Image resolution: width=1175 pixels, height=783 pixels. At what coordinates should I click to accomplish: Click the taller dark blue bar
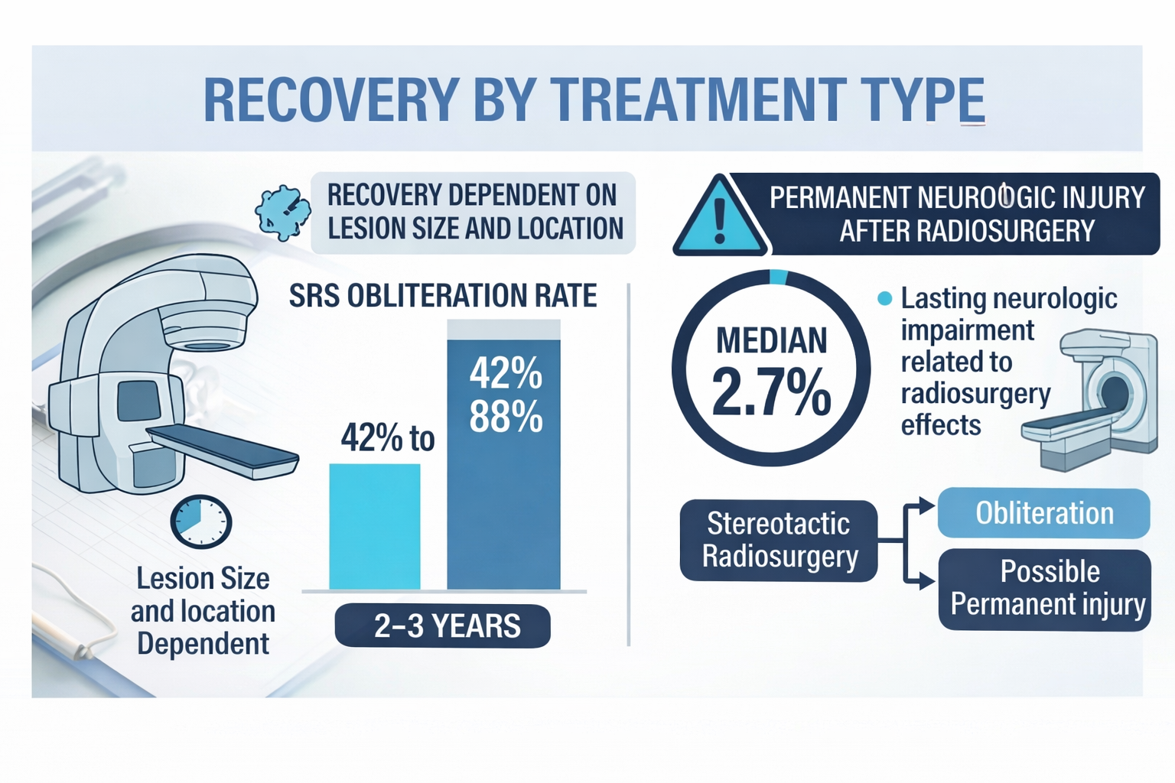[x=503, y=505]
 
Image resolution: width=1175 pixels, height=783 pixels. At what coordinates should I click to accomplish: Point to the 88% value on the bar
[x=506, y=417]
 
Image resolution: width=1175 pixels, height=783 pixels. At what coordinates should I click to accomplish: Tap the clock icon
[x=200, y=521]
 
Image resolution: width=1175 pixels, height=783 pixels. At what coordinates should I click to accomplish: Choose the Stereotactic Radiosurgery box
[x=779, y=541]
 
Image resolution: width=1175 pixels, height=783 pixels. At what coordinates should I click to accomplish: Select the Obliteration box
[x=1043, y=513]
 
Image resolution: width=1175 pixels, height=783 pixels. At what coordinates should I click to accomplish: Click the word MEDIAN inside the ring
[x=771, y=341]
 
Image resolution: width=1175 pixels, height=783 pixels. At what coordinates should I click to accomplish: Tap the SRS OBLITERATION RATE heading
[x=443, y=296]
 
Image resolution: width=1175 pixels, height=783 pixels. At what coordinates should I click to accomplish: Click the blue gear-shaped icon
[x=283, y=212]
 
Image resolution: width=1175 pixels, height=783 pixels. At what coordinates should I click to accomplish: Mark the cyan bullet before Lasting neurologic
[x=884, y=298]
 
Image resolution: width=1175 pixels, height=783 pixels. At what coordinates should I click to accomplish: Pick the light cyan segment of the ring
[x=778, y=277]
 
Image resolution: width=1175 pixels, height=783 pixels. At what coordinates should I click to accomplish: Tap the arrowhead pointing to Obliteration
[x=927, y=505]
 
